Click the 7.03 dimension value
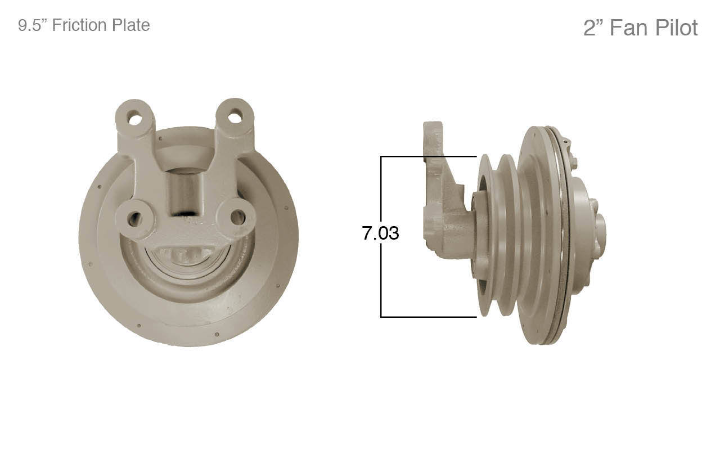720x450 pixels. click(x=380, y=233)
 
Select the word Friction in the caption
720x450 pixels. click(x=78, y=25)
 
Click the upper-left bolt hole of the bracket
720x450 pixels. click(x=134, y=118)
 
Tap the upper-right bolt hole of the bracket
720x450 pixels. click(x=235, y=118)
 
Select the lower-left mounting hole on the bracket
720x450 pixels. click(x=133, y=218)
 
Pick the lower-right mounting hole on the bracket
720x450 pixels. click(x=237, y=217)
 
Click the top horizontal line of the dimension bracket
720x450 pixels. click(x=427, y=156)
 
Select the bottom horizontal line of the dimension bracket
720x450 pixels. click(x=427, y=317)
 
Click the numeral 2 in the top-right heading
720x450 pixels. click(x=589, y=28)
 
